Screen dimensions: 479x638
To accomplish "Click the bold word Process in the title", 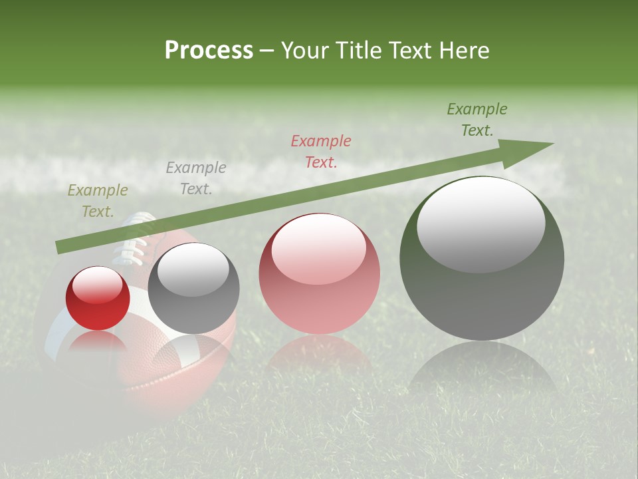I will pyautogui.click(x=209, y=51).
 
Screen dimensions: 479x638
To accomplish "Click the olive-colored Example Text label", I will pyautogui.click(x=98, y=201).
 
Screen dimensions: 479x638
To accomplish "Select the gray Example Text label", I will pyautogui.click(x=196, y=178).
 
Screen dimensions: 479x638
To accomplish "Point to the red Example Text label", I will pyautogui.click(x=321, y=151).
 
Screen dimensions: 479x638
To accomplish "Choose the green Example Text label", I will pyautogui.click(x=477, y=120).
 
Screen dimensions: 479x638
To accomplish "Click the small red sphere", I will pyautogui.click(x=98, y=299).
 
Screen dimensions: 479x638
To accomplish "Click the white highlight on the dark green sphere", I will pyautogui.click(x=481, y=224).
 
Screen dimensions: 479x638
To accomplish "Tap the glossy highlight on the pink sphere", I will pyautogui.click(x=319, y=247).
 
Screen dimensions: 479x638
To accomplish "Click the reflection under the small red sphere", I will pyautogui.click(x=98, y=343).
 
